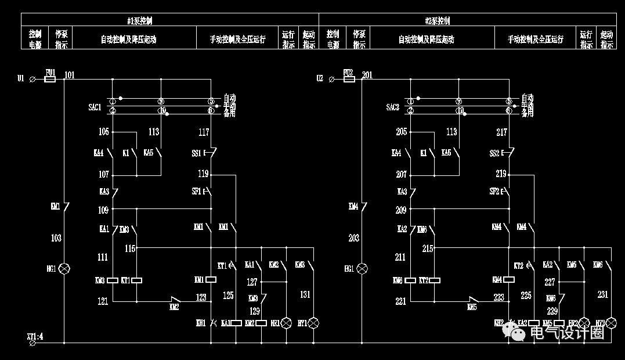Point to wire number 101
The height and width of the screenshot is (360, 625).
click(70, 74)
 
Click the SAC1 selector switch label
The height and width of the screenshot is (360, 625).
click(95, 107)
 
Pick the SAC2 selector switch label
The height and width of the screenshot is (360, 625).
click(393, 107)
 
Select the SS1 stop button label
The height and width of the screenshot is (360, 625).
click(196, 153)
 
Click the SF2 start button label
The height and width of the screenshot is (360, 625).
click(494, 191)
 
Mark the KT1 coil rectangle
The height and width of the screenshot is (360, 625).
click(137, 280)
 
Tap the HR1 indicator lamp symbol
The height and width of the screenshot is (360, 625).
click(286, 323)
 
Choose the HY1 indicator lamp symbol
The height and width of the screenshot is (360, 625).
click(314, 323)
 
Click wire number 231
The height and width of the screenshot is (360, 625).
click(603, 295)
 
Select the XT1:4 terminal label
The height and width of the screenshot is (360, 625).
click(35, 336)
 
